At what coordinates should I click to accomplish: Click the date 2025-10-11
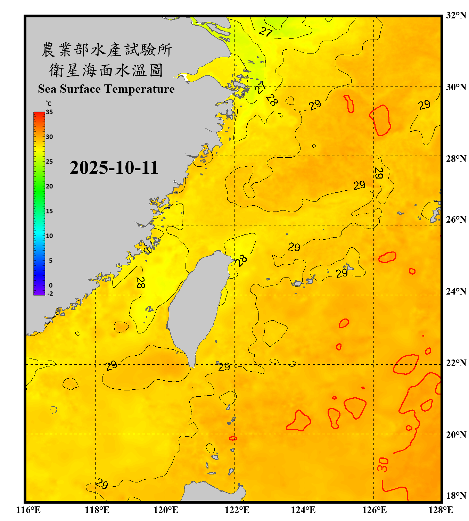pyautogui.click(x=114, y=168)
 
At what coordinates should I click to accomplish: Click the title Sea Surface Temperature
pyautogui.click(x=106, y=89)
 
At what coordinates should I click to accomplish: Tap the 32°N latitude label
pyautogui.click(x=456, y=15)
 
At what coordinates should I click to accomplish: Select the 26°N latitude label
pyautogui.click(x=456, y=220)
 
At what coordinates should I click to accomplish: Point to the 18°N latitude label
pyautogui.click(x=456, y=496)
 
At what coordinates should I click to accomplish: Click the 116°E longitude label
pyautogui.click(x=28, y=510)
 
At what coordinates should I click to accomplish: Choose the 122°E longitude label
pyautogui.click(x=237, y=510)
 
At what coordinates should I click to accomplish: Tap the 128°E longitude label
pyautogui.click(x=441, y=510)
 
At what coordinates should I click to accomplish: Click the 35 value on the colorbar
pyautogui.click(x=49, y=112)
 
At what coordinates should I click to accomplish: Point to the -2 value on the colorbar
pyautogui.click(x=50, y=294)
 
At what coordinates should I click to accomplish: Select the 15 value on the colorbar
pyautogui.click(x=49, y=211)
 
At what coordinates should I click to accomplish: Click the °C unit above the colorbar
pyautogui.click(x=49, y=104)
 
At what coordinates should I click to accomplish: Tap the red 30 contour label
pyautogui.click(x=382, y=465)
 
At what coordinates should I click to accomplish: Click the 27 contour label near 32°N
pyautogui.click(x=266, y=32)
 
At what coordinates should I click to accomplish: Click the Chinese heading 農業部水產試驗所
pyautogui.click(x=107, y=50)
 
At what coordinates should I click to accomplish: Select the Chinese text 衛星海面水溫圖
pyautogui.click(x=106, y=70)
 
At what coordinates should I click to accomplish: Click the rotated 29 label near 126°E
pyautogui.click(x=379, y=173)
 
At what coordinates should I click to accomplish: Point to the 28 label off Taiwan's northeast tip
pyautogui.click(x=241, y=260)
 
